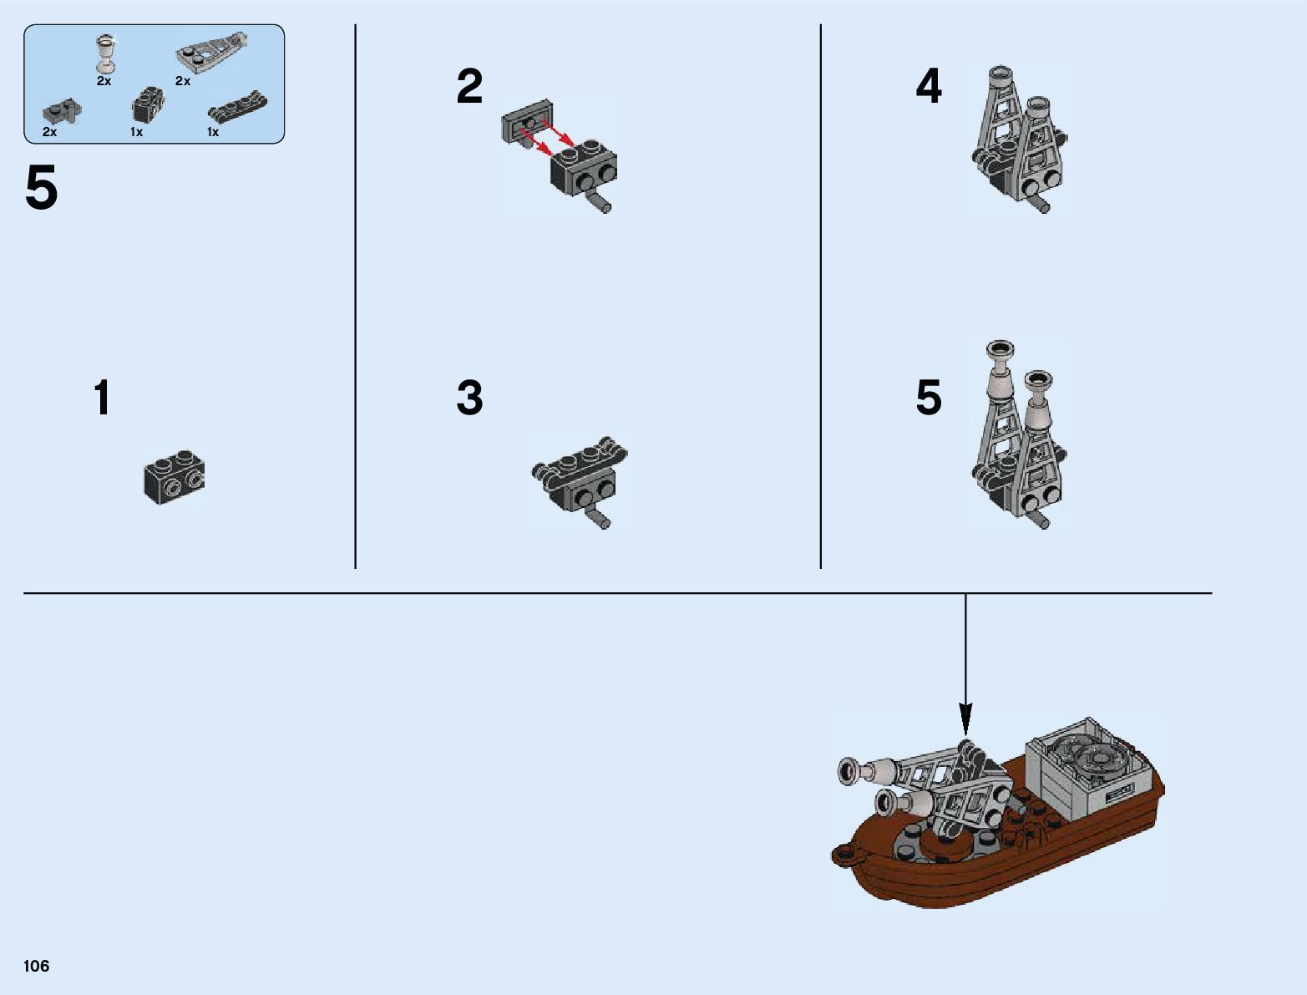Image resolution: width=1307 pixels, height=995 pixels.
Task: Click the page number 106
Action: click(x=37, y=966)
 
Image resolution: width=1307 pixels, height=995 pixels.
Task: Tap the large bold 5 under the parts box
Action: click(x=42, y=189)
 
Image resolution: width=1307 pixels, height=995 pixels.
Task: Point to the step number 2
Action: click(x=469, y=87)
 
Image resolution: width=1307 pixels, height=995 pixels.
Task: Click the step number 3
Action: click(x=469, y=398)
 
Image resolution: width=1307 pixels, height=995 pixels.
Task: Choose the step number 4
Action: click(x=929, y=87)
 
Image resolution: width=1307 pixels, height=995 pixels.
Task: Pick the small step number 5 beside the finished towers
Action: click(x=929, y=398)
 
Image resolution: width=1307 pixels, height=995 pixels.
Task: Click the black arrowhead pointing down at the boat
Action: click(x=965, y=718)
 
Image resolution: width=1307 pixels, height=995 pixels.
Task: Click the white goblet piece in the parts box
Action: click(x=105, y=53)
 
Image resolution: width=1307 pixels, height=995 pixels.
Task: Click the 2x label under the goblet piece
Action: click(x=104, y=81)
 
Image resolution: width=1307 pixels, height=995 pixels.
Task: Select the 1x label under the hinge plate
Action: click(x=213, y=132)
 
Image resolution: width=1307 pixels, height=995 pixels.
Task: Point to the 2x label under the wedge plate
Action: click(x=183, y=81)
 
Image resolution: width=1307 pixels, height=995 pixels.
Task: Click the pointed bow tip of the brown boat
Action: click(x=838, y=854)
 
